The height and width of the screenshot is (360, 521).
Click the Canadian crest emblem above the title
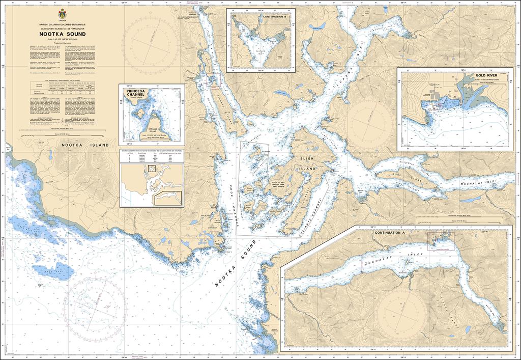(x=62, y=14)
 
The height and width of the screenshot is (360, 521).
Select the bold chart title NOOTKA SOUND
(x=62, y=35)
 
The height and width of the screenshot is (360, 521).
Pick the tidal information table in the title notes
(x=62, y=88)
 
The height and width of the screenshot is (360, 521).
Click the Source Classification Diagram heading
(x=151, y=151)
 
